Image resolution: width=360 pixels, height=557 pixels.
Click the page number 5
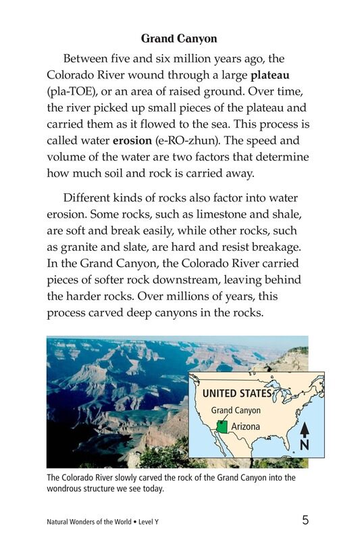click(305, 520)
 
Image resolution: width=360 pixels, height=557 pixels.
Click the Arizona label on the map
click(246, 427)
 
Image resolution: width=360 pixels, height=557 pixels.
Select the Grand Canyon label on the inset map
click(236, 410)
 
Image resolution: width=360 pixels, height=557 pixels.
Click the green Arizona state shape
click(222, 427)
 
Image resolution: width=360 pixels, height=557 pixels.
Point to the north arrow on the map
click(305, 430)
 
